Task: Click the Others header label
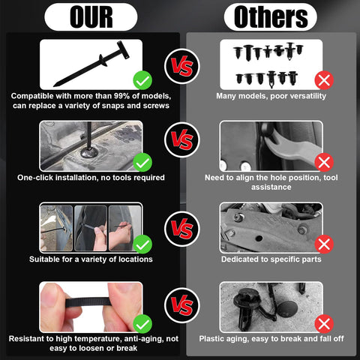pos(271,16)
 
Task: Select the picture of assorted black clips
pos(270,64)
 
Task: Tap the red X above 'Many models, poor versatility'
pos(324,79)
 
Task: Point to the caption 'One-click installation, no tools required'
pos(91,178)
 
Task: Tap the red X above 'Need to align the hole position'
pos(324,160)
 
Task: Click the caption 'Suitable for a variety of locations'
pos(91,259)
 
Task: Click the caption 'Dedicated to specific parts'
pos(271,259)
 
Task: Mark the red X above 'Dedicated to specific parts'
pos(324,242)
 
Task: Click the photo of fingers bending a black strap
pos(90,307)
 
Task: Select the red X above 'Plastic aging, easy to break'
pos(324,324)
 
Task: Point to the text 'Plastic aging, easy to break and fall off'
pos(271,339)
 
